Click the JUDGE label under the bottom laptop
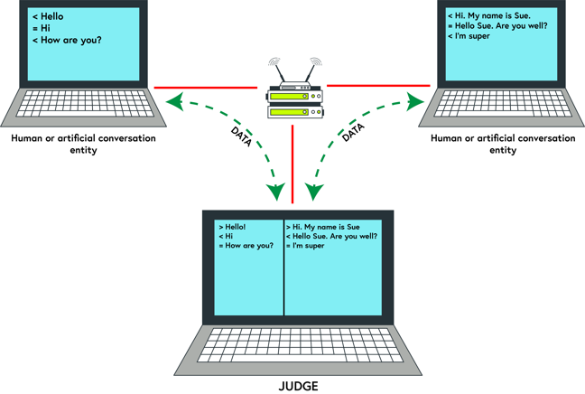292,386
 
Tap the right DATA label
352,136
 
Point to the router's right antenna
311,70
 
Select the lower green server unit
292,112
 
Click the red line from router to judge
292,163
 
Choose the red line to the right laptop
379,87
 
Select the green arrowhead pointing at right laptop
418,97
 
